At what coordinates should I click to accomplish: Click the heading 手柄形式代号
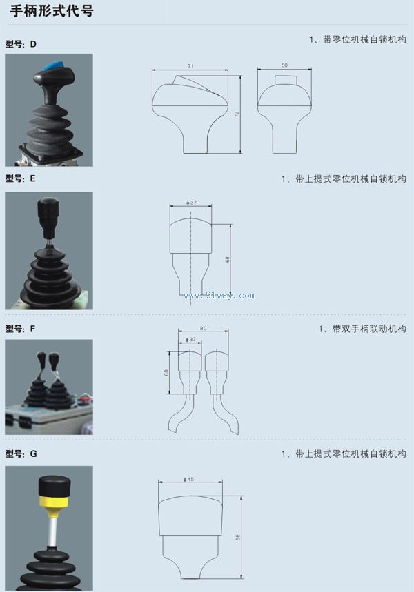click(52, 10)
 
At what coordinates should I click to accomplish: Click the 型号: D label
click(21, 44)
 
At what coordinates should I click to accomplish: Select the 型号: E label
click(21, 178)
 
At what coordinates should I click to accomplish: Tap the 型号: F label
click(20, 329)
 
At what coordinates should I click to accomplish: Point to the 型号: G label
click(21, 453)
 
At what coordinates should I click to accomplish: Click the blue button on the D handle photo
click(53, 67)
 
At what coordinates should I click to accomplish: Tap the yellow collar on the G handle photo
click(53, 502)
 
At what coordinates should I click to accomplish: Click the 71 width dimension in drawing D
click(190, 66)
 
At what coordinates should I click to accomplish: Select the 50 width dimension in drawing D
click(284, 65)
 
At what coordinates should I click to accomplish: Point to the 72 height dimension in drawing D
click(237, 114)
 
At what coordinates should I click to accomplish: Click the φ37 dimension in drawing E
click(191, 203)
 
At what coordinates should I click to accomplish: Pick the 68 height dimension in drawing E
click(227, 259)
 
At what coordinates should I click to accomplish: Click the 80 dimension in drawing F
click(204, 329)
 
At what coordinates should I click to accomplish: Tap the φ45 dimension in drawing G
click(188, 479)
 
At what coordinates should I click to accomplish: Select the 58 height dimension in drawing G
click(238, 537)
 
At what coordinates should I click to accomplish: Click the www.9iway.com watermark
click(219, 296)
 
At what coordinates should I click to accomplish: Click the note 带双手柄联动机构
click(369, 329)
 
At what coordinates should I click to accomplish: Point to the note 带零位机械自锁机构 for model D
click(364, 40)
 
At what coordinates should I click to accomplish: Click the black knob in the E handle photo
click(48, 212)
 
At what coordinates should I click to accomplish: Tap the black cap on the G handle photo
click(55, 486)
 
